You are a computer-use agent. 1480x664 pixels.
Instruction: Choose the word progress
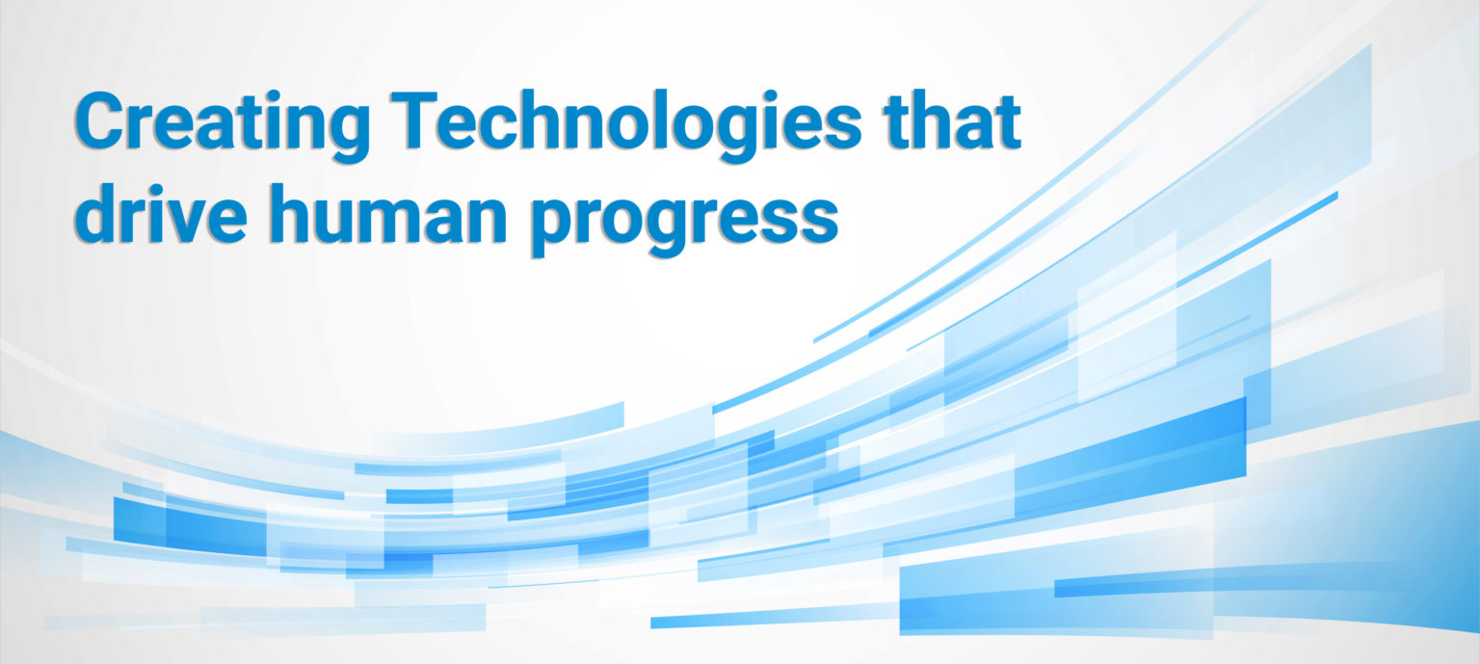(x=684, y=222)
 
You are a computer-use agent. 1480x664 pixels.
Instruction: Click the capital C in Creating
(x=100, y=120)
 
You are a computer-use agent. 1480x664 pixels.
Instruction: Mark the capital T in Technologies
(x=413, y=120)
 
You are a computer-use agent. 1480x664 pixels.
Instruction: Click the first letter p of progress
(x=552, y=226)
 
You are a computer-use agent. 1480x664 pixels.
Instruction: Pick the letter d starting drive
(x=96, y=214)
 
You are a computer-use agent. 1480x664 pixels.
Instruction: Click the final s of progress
(x=818, y=221)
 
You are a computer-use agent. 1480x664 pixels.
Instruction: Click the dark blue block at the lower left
(x=190, y=526)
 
